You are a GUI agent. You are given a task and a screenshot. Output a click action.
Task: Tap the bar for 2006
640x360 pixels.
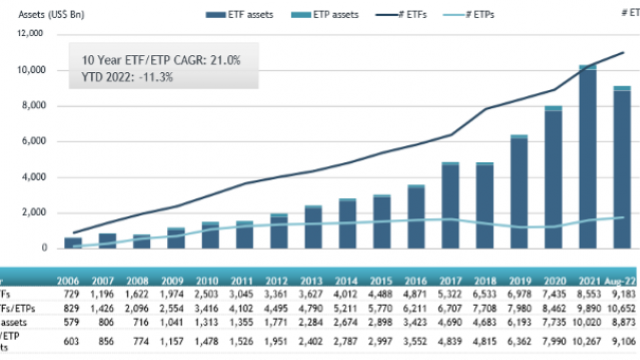coord(73,242)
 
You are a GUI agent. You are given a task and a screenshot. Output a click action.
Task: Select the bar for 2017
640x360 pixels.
coord(451,205)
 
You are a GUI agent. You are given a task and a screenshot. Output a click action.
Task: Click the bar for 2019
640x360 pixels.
coord(519,191)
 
